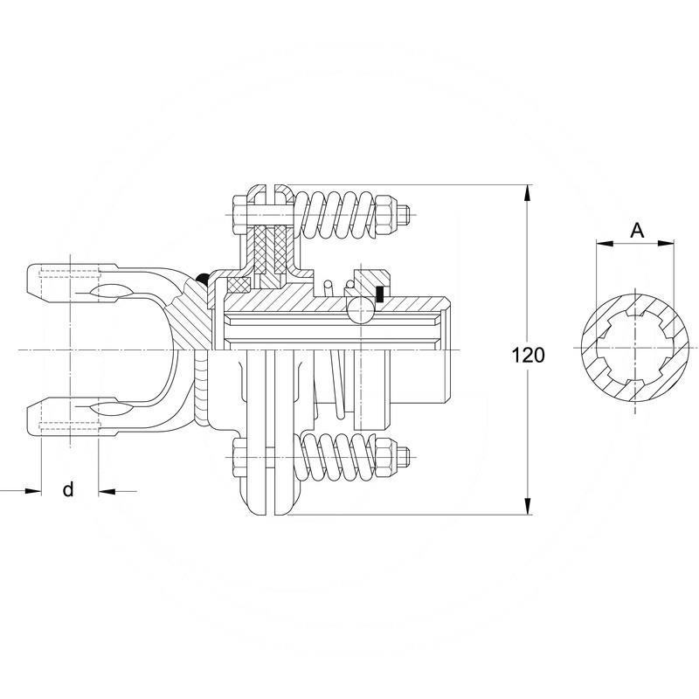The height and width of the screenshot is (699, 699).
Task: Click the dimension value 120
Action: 528,356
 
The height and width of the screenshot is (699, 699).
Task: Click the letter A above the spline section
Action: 638,231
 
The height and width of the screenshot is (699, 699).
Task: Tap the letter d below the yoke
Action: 68,489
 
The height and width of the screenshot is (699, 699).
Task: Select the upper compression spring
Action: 336,216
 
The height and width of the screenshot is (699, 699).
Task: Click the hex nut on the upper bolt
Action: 386,215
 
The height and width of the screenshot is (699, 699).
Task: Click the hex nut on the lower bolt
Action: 386,457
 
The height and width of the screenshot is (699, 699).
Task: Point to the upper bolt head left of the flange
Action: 239,215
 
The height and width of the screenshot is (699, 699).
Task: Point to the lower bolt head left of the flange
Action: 239,458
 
